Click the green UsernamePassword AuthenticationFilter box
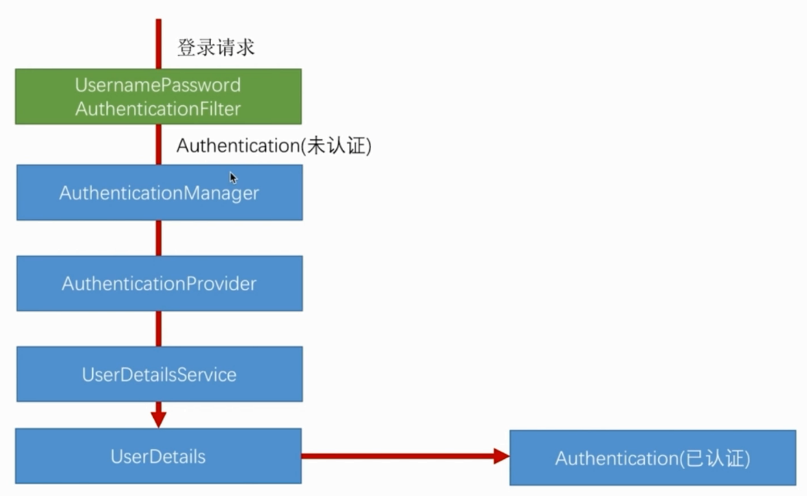pyautogui.click(x=158, y=96)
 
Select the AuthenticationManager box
pyautogui.click(x=159, y=193)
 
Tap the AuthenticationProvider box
pyautogui.click(x=159, y=283)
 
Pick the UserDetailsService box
pyautogui.click(x=159, y=374)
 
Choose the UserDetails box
pyautogui.click(x=158, y=456)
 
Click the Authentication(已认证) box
pyautogui.click(x=652, y=458)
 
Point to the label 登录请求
pyautogui.click(x=216, y=48)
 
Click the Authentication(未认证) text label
pyautogui.click(x=274, y=146)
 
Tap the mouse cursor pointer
pyautogui.click(x=233, y=177)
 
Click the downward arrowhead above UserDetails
pyautogui.click(x=159, y=419)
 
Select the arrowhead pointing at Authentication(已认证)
pyautogui.click(x=501, y=455)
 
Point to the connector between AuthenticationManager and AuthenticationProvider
pyautogui.click(x=159, y=238)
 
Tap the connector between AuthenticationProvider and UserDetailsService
pyautogui.click(x=159, y=329)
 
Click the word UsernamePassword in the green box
pyautogui.click(x=158, y=85)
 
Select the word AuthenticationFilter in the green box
pyautogui.click(x=158, y=108)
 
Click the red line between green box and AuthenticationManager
pyautogui.click(x=158, y=144)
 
